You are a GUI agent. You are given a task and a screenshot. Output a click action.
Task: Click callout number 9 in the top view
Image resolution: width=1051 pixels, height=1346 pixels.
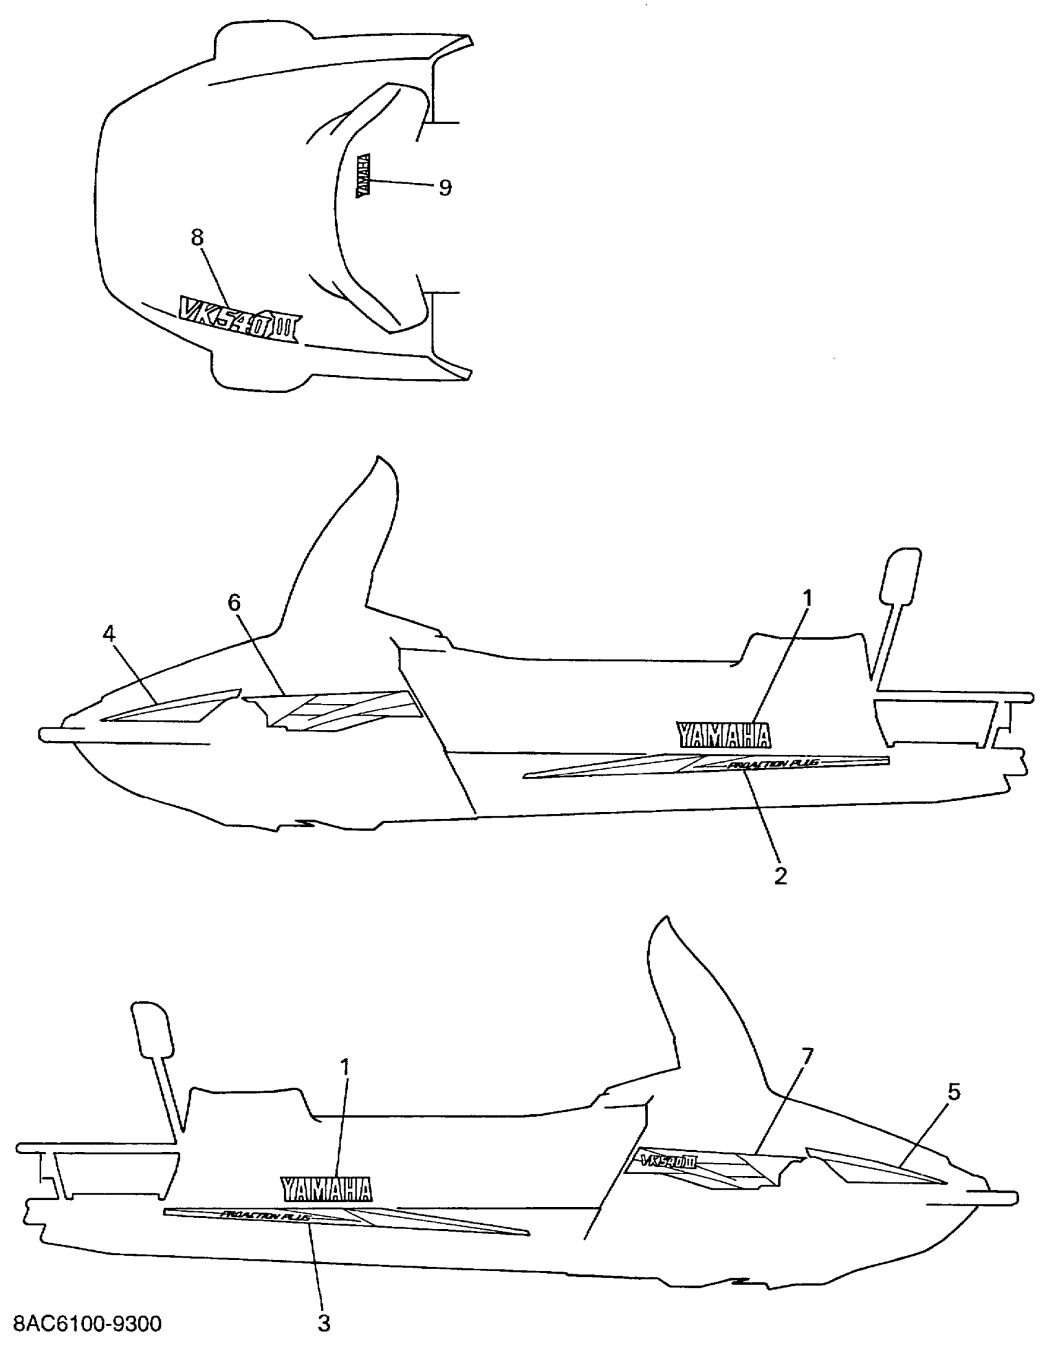click(445, 187)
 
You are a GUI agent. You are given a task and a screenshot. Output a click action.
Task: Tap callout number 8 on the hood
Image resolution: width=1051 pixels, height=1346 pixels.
click(197, 237)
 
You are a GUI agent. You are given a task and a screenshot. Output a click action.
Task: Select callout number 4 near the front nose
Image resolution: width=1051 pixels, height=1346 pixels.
click(109, 633)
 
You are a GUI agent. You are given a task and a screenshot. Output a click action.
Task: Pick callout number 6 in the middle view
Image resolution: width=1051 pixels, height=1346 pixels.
click(234, 603)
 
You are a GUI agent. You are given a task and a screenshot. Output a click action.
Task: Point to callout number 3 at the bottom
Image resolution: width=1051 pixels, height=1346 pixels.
click(324, 1323)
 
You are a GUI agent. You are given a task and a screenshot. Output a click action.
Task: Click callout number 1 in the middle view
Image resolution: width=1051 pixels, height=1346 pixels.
click(807, 598)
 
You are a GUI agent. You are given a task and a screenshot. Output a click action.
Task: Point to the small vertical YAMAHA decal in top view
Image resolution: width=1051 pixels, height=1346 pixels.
click(364, 176)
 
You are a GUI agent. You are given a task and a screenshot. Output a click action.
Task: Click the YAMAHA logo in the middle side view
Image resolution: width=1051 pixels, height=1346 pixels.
click(724, 735)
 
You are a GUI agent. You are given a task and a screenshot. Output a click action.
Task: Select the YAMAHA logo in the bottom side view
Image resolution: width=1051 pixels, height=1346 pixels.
click(327, 1189)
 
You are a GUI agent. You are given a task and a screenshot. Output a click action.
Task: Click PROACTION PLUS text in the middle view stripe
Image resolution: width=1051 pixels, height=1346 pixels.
click(773, 764)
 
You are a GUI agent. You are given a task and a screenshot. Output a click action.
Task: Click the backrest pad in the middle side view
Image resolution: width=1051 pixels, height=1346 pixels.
click(900, 575)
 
